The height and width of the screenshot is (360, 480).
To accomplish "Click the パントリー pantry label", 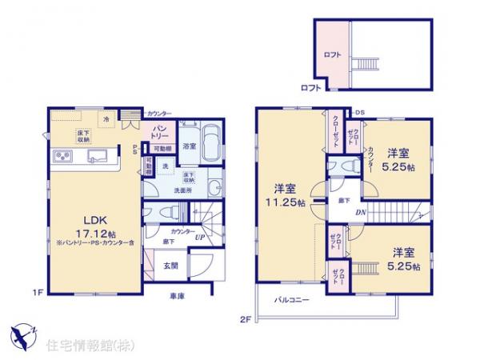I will (159, 133).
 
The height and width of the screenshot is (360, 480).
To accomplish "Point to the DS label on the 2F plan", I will (360, 112).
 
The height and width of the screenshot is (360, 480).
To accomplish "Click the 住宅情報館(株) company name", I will (79, 346).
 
